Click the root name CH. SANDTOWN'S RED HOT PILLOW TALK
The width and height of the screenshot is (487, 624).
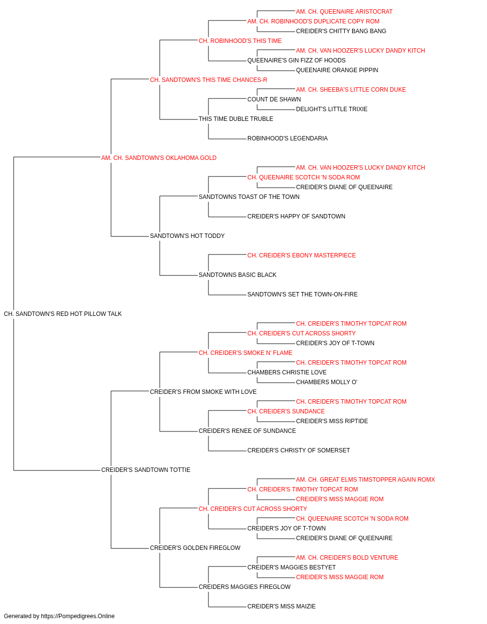tap(62, 314)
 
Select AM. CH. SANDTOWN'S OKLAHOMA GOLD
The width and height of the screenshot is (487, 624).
tap(159, 158)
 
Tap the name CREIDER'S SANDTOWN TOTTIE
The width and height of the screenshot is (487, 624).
tap(146, 470)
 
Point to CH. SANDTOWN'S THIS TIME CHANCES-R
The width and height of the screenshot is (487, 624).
tap(208, 80)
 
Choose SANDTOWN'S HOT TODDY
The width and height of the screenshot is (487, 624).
tap(187, 236)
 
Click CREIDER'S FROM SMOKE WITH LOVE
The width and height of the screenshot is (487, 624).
tap(203, 391)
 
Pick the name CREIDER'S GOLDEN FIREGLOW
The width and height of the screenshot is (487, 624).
tap(195, 548)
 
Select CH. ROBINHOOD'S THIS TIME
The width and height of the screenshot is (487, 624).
tap(240, 41)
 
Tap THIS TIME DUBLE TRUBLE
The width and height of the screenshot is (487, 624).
tap(236, 119)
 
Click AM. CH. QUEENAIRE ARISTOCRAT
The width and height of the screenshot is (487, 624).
tap(344, 12)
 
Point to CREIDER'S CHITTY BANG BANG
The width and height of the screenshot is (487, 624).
tap(341, 31)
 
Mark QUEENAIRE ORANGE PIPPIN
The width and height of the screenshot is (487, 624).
tap(337, 70)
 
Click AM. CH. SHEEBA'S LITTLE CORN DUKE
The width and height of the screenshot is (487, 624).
tap(351, 90)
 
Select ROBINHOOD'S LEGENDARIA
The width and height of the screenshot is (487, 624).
tap(287, 138)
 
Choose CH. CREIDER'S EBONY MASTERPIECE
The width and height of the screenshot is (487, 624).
tap(301, 255)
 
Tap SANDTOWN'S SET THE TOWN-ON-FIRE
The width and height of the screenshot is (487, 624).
tap(302, 294)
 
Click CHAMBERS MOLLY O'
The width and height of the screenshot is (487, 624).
tap(326, 382)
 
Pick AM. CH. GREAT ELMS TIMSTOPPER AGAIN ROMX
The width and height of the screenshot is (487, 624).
tap(365, 480)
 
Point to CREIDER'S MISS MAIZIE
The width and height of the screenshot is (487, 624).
tap(281, 606)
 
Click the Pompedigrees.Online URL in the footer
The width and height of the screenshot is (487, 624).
tap(77, 616)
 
